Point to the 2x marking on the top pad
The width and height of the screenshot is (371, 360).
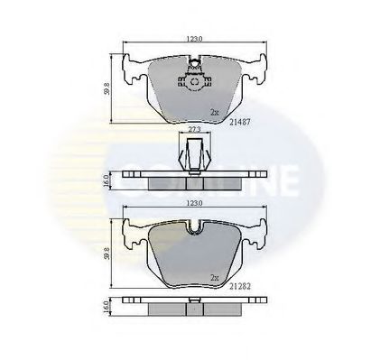pos(214,113)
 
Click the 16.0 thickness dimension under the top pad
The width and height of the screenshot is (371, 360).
pos(107,180)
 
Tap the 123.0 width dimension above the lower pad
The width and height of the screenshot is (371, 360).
pos(192,206)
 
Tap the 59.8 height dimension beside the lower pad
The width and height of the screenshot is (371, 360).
pos(107,254)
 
